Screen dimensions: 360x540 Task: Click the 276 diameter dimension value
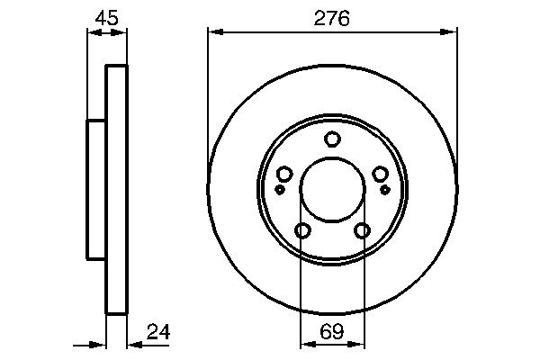[332, 18]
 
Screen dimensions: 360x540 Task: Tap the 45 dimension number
[106, 18]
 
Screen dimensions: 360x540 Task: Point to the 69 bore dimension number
[332, 334]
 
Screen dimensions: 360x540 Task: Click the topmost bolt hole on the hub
[332, 139]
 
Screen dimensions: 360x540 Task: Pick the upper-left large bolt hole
[284, 175]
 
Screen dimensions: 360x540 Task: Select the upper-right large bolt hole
[380, 175]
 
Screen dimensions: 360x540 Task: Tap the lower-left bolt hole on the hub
[302, 231]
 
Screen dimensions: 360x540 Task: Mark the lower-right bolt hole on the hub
[362, 231]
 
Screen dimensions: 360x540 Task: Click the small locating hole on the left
[280, 190]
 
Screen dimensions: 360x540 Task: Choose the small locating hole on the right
[384, 190]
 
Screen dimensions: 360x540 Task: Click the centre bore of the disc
[332, 190]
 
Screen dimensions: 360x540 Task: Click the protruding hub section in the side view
[96, 190]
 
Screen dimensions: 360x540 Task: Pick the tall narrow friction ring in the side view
[117, 190]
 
